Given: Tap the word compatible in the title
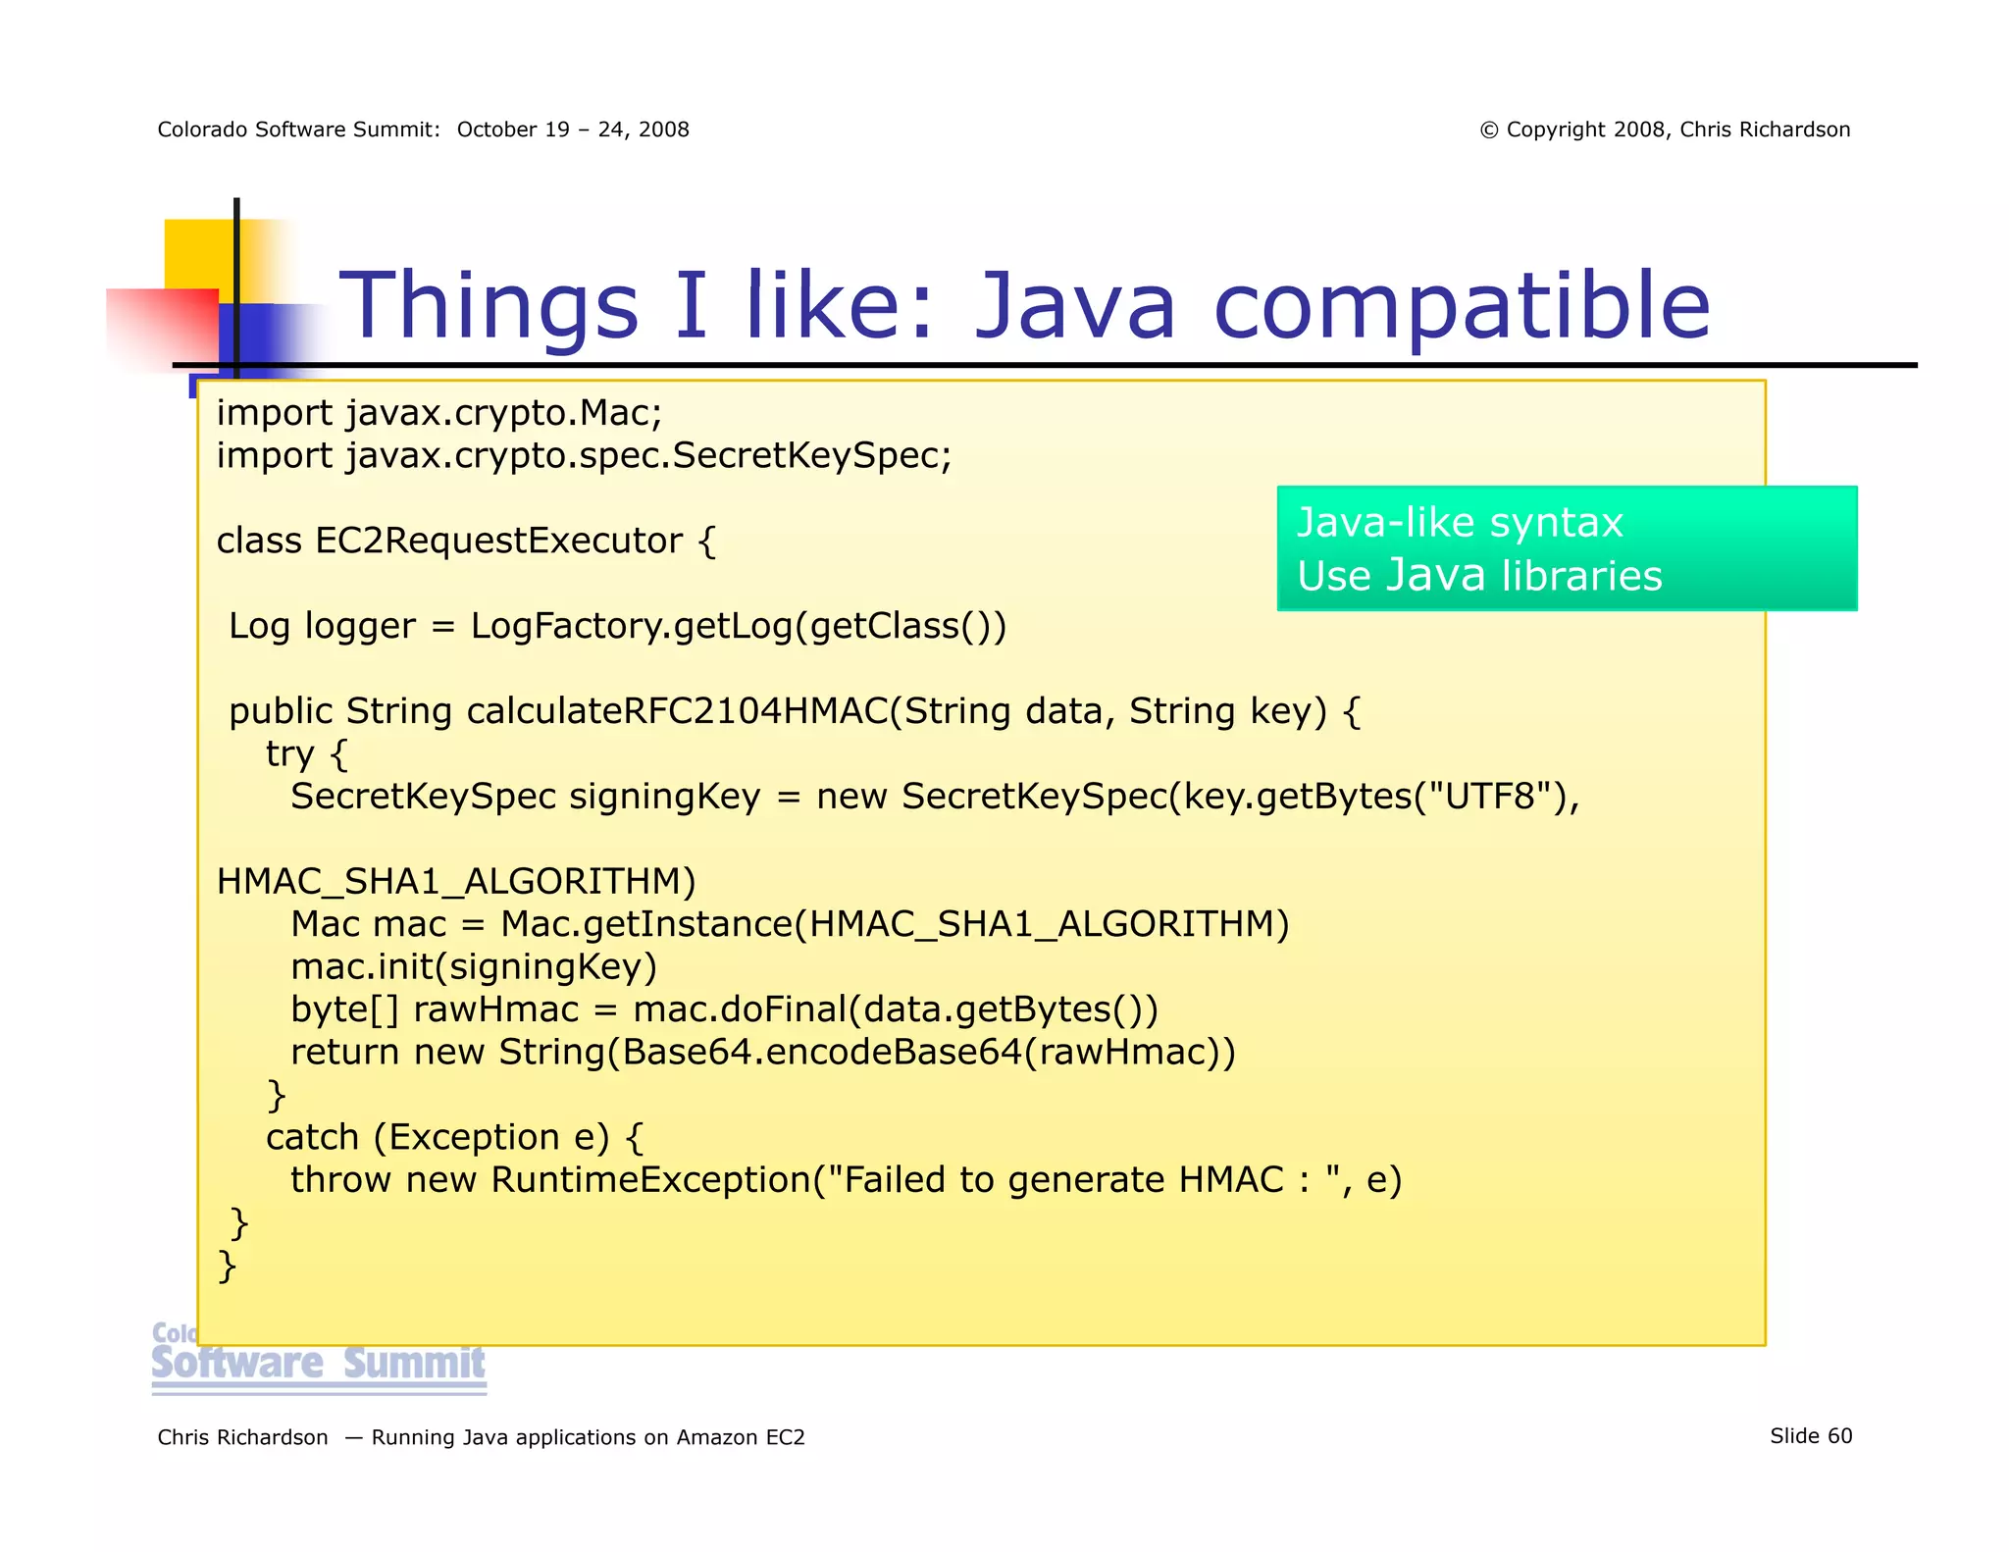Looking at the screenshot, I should (x=1462, y=306).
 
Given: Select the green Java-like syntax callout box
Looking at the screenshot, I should (x=1566, y=548).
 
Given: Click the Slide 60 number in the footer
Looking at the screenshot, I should (x=1810, y=1436).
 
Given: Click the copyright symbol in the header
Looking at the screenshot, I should (x=1488, y=130).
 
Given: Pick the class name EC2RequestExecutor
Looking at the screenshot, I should (x=498, y=541).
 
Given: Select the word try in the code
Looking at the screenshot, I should (x=289, y=753).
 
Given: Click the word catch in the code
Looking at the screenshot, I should (x=312, y=1137).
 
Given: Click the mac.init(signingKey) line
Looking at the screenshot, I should (x=474, y=967).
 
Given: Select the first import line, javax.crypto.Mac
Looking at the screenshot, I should (x=439, y=413).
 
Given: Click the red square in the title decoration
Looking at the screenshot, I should (x=162, y=329).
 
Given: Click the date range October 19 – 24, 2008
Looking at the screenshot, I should (x=573, y=130).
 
